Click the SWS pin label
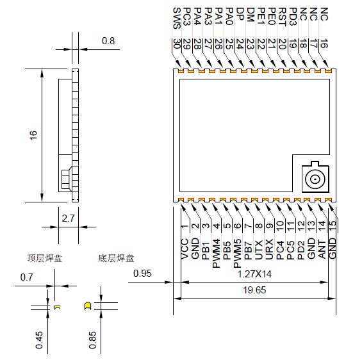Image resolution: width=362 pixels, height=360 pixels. (x=177, y=19)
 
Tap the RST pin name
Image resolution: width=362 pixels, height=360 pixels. (x=282, y=17)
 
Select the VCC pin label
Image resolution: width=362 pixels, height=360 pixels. (x=185, y=249)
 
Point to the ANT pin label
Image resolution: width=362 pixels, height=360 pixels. (x=322, y=249)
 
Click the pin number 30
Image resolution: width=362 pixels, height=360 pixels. (x=177, y=44)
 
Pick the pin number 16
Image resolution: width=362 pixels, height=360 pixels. (x=324, y=44)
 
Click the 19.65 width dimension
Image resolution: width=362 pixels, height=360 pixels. (x=254, y=290)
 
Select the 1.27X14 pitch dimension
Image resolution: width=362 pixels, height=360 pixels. (x=254, y=274)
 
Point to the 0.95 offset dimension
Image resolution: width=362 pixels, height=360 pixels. (x=142, y=274)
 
